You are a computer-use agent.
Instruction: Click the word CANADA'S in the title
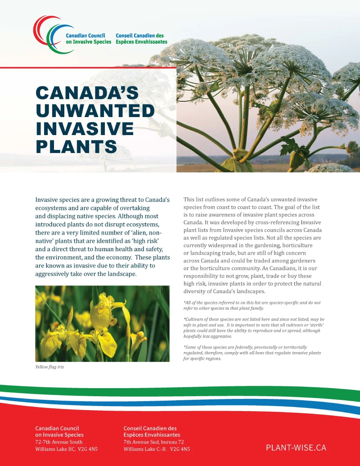(x=87, y=93)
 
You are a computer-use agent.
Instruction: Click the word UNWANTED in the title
(x=95, y=111)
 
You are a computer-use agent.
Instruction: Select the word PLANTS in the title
(x=76, y=147)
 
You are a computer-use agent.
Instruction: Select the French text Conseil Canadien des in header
(x=139, y=35)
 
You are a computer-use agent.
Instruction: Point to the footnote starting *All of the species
(x=252, y=305)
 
